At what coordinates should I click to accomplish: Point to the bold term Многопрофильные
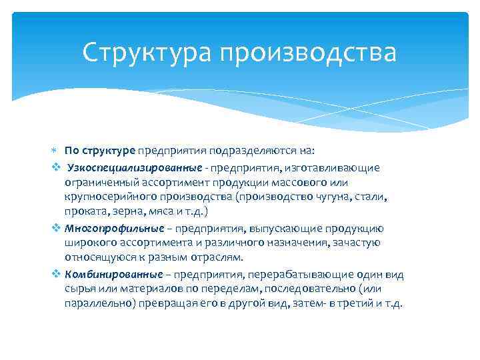[114, 228]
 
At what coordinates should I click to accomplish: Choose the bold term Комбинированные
[114, 274]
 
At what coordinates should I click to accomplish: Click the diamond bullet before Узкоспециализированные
[56, 167]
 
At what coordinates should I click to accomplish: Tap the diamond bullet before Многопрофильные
[56, 228]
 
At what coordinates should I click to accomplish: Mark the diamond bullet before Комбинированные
[56, 274]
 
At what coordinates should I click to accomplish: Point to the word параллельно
[98, 305]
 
